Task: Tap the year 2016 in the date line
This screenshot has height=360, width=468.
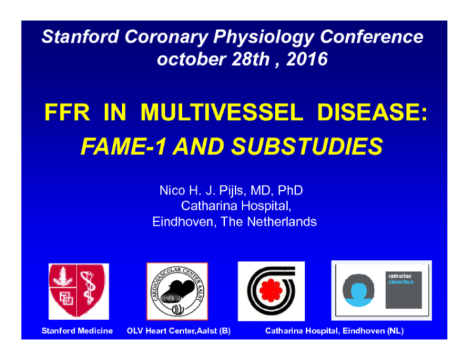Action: tap(307, 60)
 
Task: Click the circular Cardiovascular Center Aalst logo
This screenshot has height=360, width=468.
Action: tap(177, 291)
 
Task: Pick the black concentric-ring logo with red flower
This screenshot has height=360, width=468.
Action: tap(271, 291)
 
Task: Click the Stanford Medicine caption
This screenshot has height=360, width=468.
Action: tap(77, 331)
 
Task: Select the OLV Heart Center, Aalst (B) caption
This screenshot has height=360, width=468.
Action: tap(174, 331)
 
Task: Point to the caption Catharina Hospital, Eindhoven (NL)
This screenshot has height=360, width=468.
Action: tap(334, 331)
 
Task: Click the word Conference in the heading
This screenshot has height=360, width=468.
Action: tap(372, 37)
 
